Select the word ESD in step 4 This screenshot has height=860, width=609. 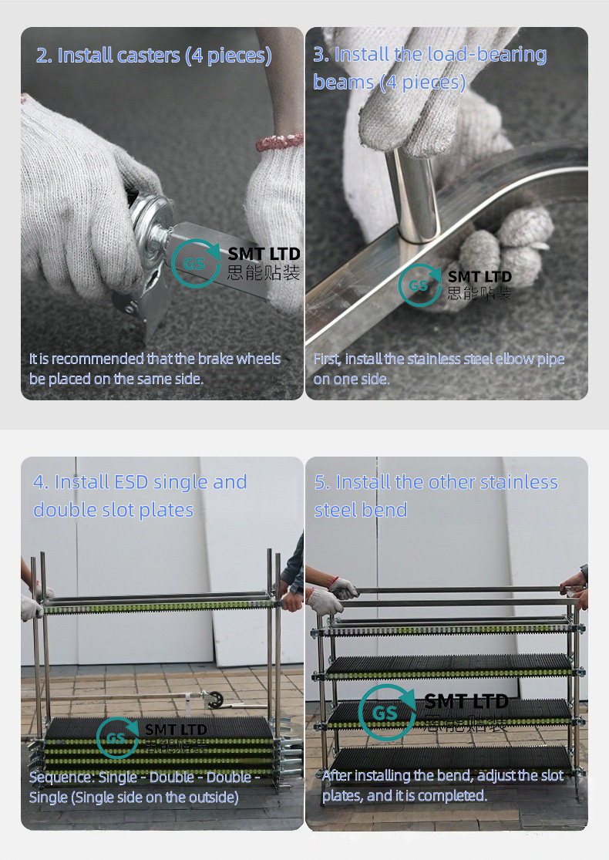(131, 482)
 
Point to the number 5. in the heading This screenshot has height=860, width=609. (322, 483)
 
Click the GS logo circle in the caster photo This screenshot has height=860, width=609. (195, 263)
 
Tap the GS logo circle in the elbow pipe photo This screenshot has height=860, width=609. (420, 285)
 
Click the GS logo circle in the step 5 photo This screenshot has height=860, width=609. (387, 713)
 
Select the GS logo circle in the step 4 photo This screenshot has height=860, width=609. (117, 737)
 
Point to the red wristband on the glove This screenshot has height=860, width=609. (279, 142)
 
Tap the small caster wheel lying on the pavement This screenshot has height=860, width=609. (214, 698)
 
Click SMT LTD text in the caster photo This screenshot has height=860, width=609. (264, 254)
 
